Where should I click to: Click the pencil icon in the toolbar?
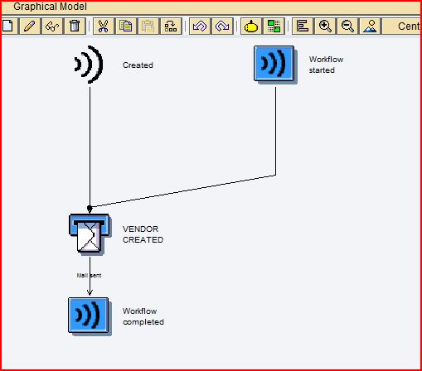pos(30,26)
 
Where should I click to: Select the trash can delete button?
pos(75,26)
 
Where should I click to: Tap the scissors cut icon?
pos(103,26)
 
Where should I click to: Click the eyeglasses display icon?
pos(52,26)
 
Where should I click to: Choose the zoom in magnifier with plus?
pos(325,26)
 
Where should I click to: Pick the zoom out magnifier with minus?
pos(347,26)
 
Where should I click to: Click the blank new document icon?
pos(8,26)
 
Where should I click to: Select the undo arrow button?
pos(200,26)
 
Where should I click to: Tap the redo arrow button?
pos(222,26)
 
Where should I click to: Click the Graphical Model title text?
pos(50,7)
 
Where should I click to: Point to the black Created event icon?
pos(89,65)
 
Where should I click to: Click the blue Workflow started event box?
pos(274,64)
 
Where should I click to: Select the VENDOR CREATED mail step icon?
pos(90,234)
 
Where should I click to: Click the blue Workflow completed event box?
pos(89,316)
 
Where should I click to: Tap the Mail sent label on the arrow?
pos(89,275)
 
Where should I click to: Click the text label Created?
pos(138,65)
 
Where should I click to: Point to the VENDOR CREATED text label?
pos(143,234)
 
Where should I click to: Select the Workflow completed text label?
pos(143,316)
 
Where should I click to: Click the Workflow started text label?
pos(326,65)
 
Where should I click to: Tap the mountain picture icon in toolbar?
pos(370,26)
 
